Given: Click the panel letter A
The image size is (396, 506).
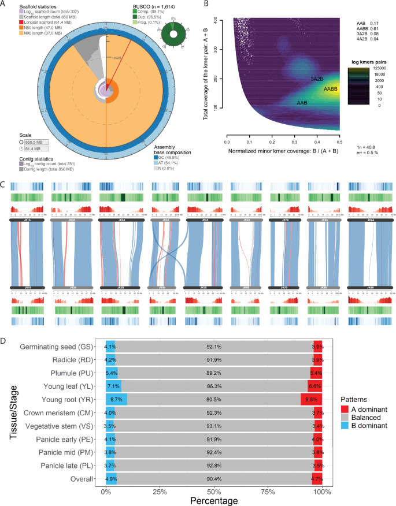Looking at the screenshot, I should point(5,5).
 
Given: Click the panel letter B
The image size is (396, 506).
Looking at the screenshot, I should point(206,5).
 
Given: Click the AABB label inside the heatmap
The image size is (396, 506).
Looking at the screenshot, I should point(331,90).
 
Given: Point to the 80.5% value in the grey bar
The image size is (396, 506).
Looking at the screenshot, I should point(214,397).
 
